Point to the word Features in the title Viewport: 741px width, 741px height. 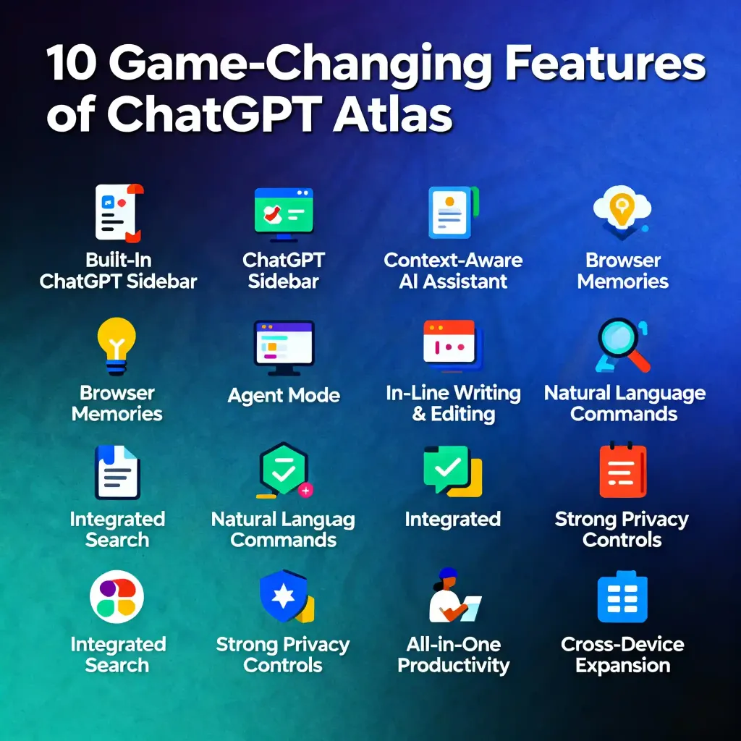click(x=605, y=65)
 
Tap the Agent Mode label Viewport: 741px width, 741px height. click(x=284, y=396)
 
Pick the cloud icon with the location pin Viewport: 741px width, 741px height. click(x=621, y=210)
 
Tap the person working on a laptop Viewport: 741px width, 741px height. click(x=452, y=597)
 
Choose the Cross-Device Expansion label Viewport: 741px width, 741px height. click(x=622, y=655)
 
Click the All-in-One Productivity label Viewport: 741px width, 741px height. click(x=454, y=655)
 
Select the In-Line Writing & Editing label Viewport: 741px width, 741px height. click(x=454, y=404)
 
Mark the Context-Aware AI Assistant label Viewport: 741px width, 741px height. click(x=453, y=271)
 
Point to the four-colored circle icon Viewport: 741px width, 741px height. click(x=117, y=598)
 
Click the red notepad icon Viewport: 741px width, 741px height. click(x=622, y=471)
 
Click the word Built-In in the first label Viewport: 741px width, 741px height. click(x=119, y=260)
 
